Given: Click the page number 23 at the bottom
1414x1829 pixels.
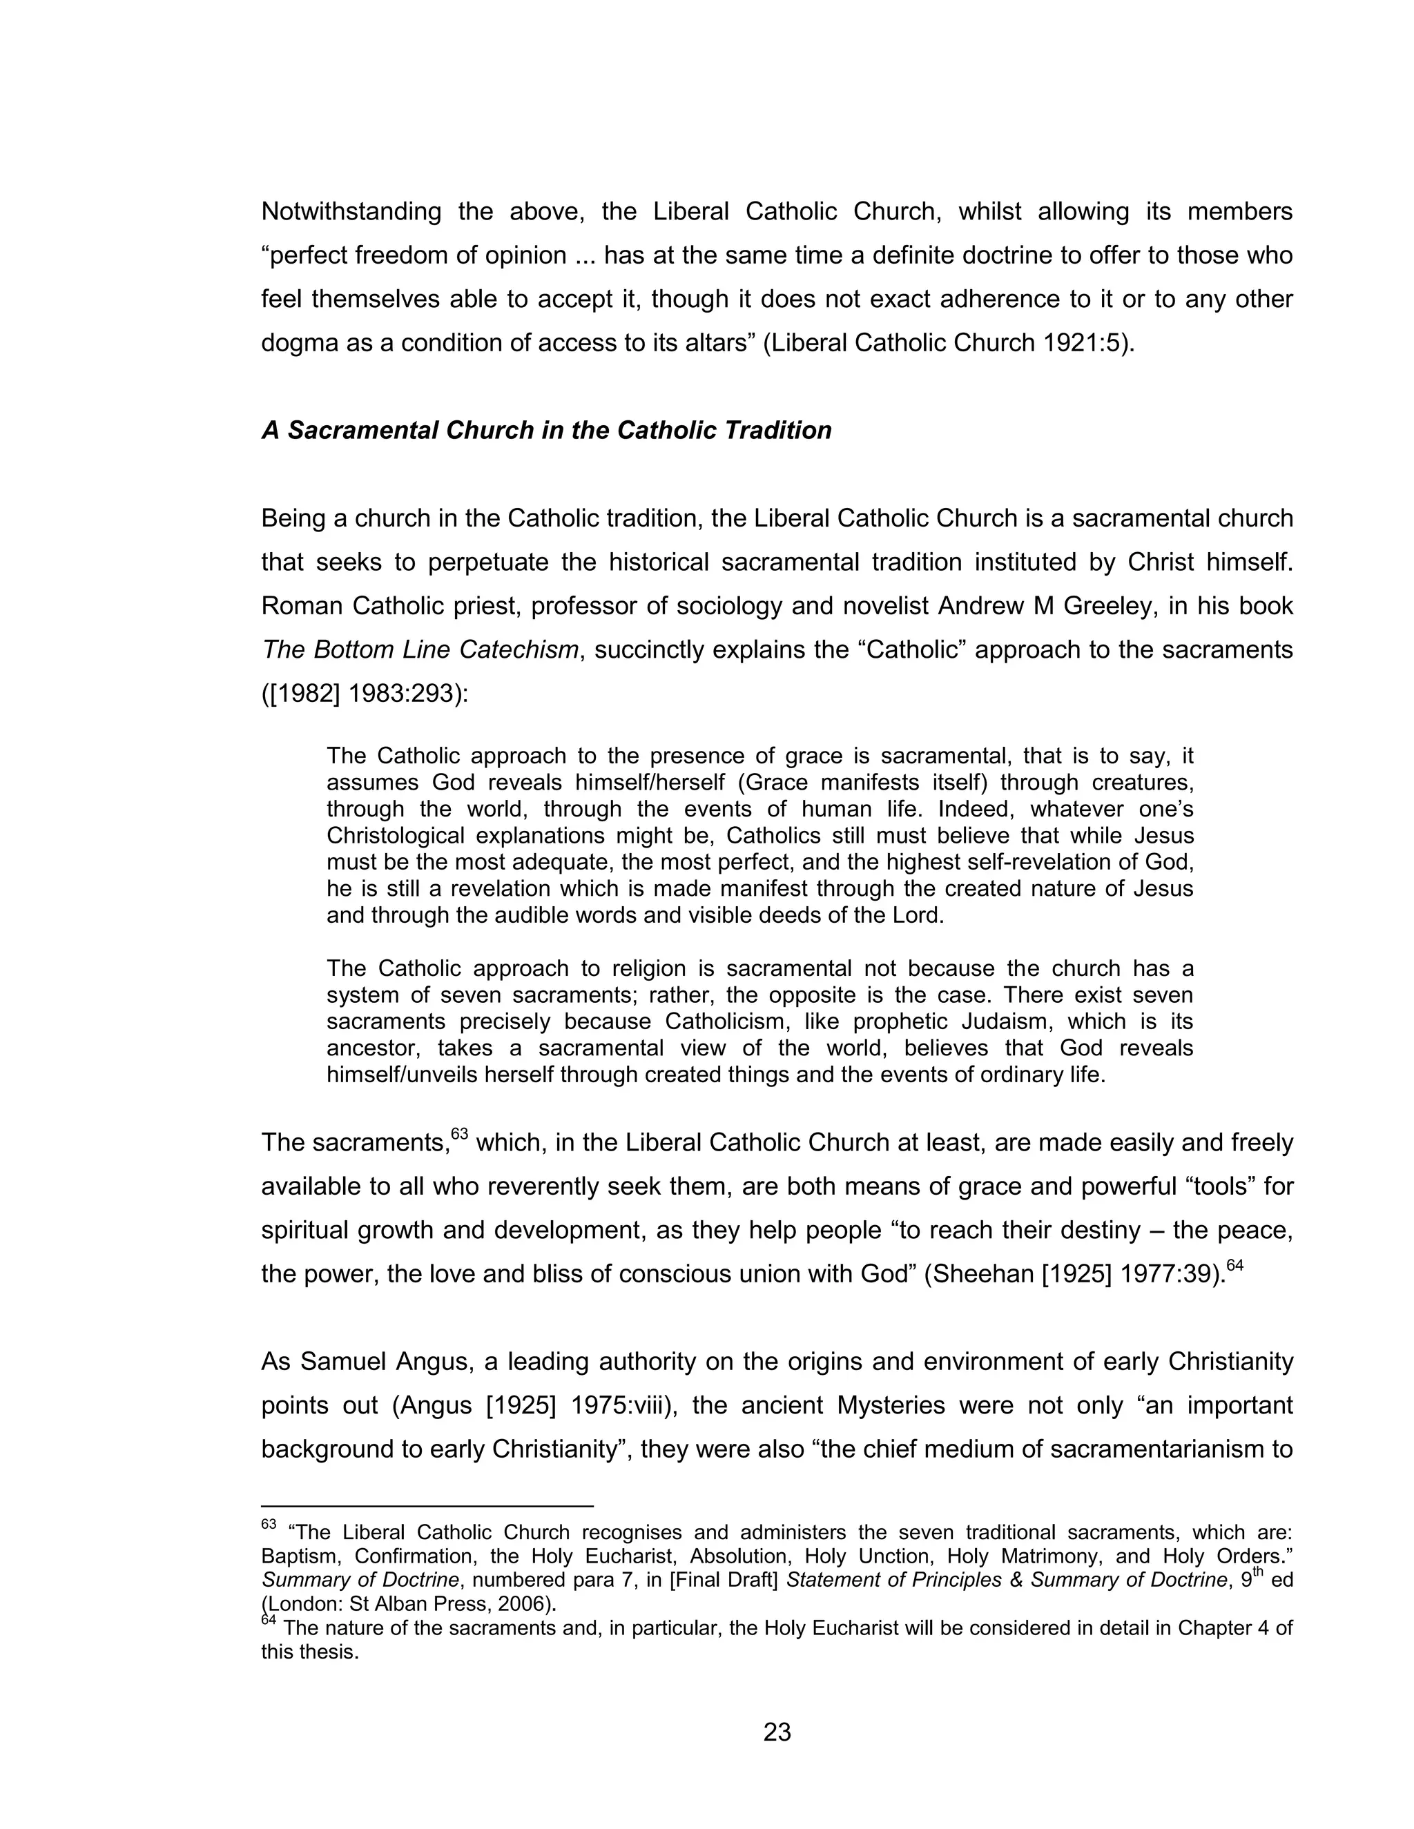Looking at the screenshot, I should tap(777, 1731).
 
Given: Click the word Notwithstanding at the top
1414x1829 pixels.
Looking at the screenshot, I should tap(351, 211).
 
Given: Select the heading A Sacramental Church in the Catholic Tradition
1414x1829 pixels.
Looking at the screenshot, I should tap(546, 431).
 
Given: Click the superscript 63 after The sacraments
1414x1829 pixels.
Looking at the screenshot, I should tap(459, 1134).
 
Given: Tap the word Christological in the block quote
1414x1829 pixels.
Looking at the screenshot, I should tap(394, 836).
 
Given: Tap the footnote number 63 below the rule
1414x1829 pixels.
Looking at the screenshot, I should tap(268, 1524).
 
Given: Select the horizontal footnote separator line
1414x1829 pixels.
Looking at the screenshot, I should tap(427, 1506).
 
